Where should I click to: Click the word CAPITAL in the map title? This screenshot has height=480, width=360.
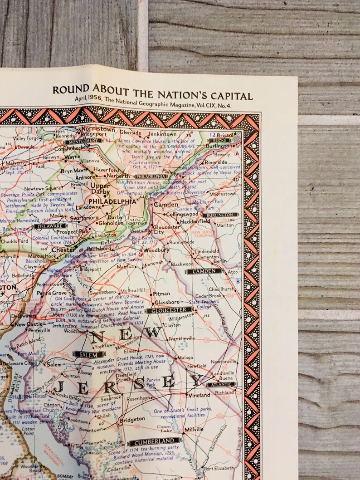(x=229, y=96)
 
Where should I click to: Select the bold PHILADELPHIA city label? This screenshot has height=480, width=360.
(x=112, y=201)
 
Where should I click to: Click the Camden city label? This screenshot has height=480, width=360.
(x=166, y=205)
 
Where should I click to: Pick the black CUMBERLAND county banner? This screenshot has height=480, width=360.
(x=154, y=441)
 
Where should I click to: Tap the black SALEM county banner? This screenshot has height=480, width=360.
(x=88, y=354)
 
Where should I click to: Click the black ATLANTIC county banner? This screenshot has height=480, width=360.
(x=221, y=384)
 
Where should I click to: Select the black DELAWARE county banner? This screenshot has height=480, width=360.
(x=49, y=225)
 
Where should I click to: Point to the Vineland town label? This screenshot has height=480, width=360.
(x=199, y=395)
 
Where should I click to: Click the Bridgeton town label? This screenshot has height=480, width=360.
(x=132, y=419)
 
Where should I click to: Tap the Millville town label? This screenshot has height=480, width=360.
(x=194, y=429)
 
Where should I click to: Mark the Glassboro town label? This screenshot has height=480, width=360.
(x=167, y=302)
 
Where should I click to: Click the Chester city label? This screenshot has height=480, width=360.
(x=63, y=250)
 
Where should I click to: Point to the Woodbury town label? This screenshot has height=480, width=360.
(x=159, y=250)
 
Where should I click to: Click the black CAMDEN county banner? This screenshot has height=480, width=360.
(x=204, y=271)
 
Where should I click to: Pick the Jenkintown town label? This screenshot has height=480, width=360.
(x=162, y=134)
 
